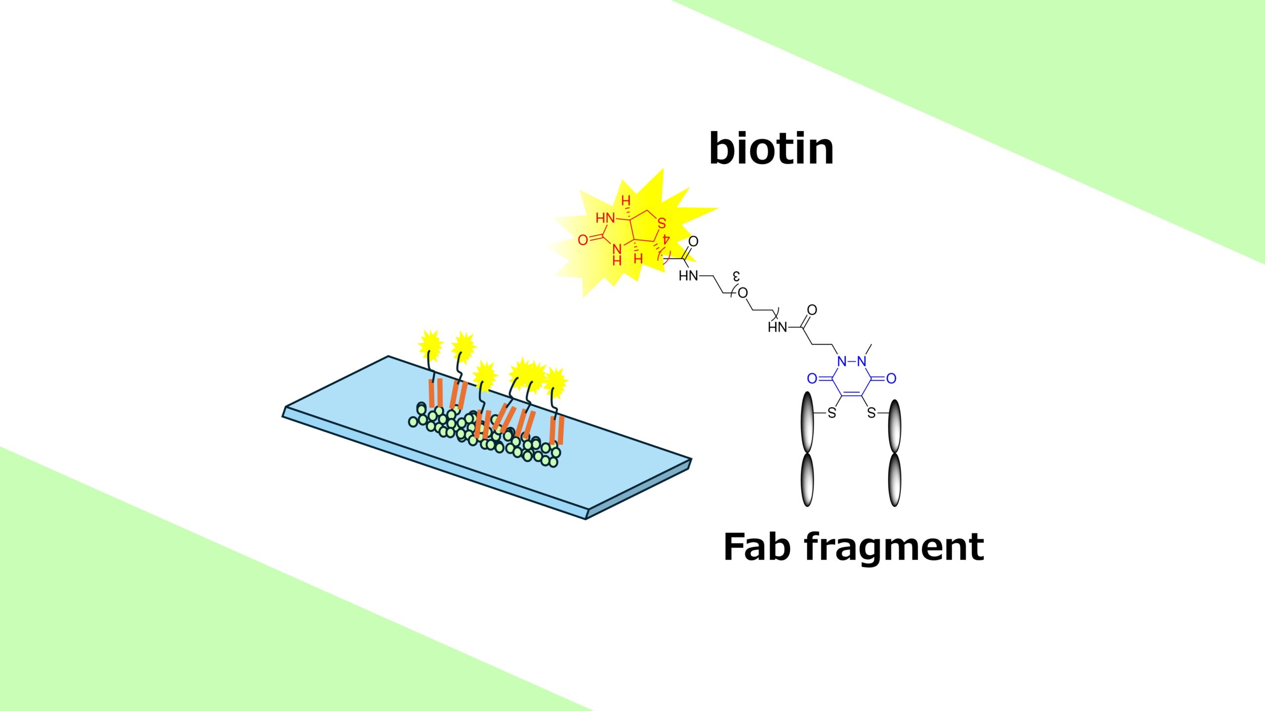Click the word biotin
point(771,148)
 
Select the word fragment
point(894,547)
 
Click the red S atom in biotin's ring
point(662,223)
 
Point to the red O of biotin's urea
point(583,240)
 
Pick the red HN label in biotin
point(605,218)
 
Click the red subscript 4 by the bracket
point(666,239)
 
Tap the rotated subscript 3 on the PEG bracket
point(736,275)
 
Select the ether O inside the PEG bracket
point(742,293)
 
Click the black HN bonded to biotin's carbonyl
point(688,276)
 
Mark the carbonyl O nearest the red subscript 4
point(693,241)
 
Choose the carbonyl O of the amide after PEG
point(812,310)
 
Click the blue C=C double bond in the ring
point(852,394)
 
